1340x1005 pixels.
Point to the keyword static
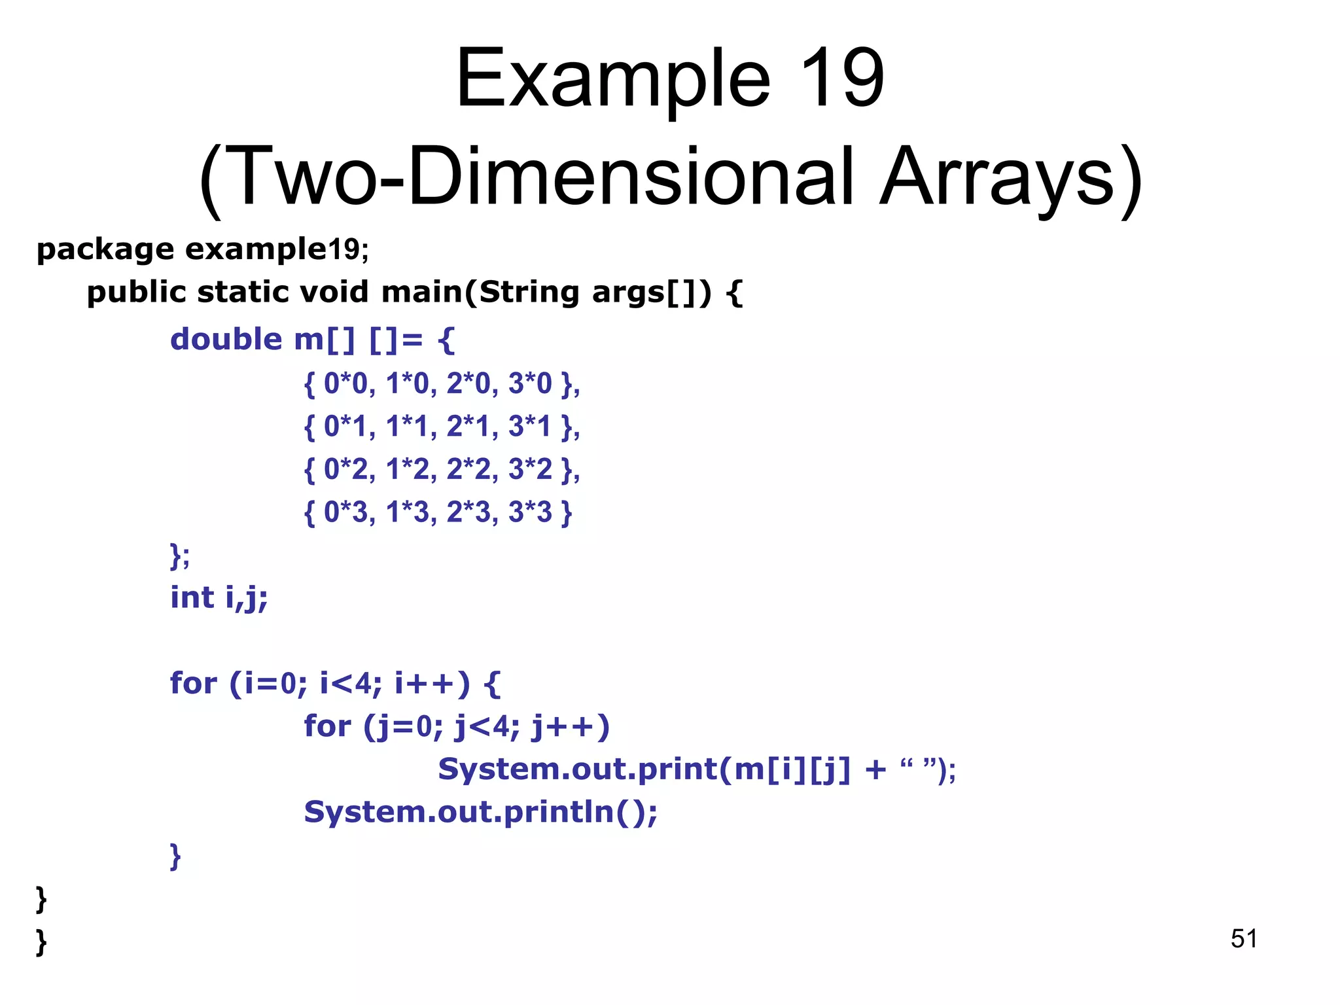243,292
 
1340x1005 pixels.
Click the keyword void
334,292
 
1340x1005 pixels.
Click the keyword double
226,340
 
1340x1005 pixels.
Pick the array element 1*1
407,427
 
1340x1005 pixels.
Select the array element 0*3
346,512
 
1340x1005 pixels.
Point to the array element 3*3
530,512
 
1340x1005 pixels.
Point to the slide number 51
1243,939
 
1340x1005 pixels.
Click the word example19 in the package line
272,250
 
